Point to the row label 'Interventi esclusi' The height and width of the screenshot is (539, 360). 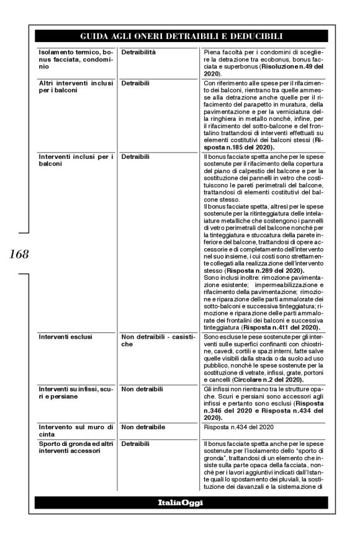pyautogui.click(x=65, y=337)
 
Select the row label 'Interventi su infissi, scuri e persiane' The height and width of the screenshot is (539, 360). pyautogui.click(x=73, y=391)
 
